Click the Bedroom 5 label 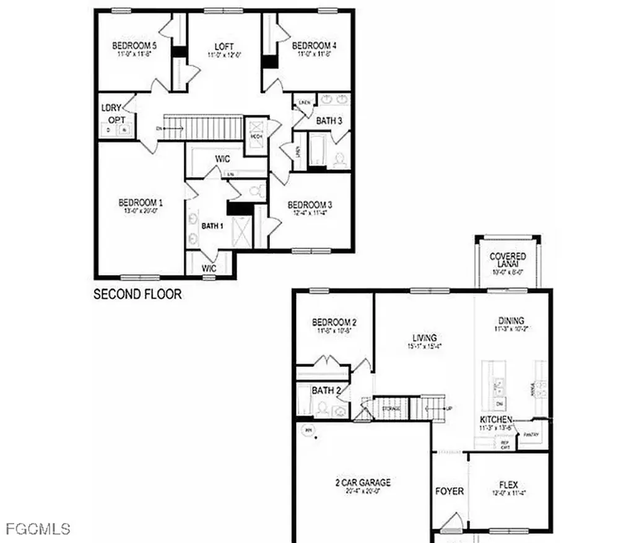[x=134, y=46]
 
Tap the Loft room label [x=224, y=46]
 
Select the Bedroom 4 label [x=315, y=46]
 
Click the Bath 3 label [x=329, y=121]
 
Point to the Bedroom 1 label [x=141, y=203]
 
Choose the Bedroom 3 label [x=310, y=205]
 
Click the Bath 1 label [x=212, y=226]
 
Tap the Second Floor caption [x=137, y=294]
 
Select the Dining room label [x=511, y=321]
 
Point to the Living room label [x=425, y=338]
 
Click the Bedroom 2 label [x=334, y=323]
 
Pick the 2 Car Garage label [x=363, y=483]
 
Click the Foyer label [x=449, y=491]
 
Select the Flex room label [x=508, y=485]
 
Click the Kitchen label [x=500, y=420]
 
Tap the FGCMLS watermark [x=38, y=529]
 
